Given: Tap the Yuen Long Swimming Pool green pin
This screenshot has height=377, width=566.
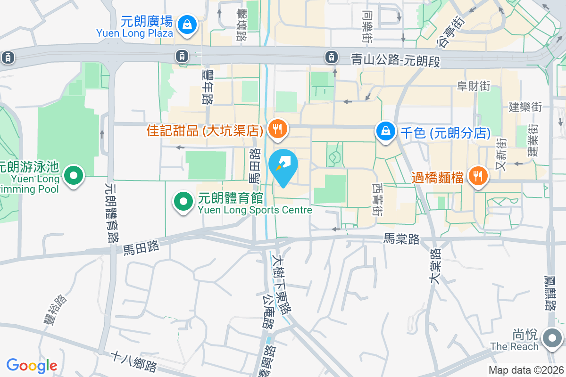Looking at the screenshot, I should (73, 176).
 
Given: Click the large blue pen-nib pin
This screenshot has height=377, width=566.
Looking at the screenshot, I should (283, 166).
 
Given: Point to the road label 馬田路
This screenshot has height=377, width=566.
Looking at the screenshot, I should (140, 246).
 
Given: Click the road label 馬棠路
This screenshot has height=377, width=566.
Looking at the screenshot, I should (401, 239).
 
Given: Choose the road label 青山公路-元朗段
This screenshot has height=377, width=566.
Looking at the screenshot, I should (395, 60).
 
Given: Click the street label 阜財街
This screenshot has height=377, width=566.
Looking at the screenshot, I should (474, 86).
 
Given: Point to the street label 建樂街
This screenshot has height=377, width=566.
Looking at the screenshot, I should (525, 107).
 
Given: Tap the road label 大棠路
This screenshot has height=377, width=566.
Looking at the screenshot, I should (434, 266).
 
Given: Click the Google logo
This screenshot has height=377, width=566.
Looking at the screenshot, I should (32, 366).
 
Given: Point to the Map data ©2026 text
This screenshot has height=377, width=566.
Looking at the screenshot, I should (526, 370).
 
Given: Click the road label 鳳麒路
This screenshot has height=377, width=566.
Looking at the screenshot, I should (549, 292).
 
